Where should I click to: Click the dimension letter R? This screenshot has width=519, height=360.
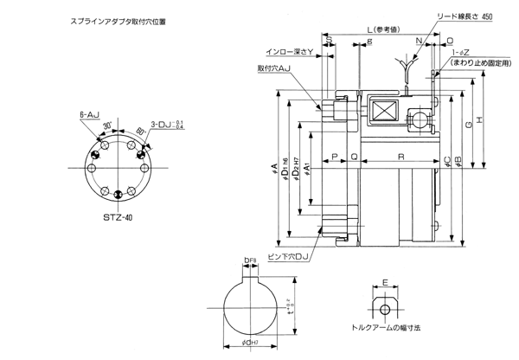point(400,156)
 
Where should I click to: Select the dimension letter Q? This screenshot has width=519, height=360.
point(355,156)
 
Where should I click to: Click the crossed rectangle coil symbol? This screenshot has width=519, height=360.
point(381,111)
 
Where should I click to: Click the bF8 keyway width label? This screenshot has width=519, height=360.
point(250,260)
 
